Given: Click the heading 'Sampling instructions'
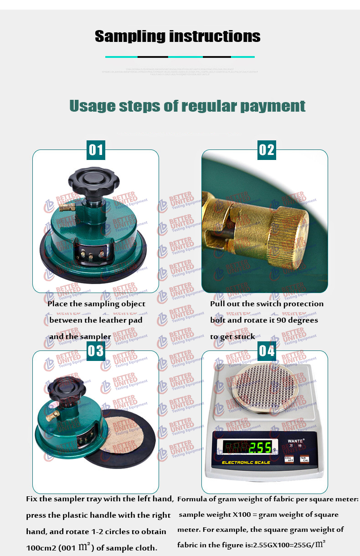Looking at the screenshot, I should pos(178,36).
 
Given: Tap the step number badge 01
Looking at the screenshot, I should pos(96,149).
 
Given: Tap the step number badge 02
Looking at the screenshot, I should pos(267,149).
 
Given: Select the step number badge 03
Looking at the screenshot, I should pos(96,350).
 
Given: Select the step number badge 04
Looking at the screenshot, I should pos(267,350).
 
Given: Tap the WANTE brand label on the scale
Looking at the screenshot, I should pos(296,441).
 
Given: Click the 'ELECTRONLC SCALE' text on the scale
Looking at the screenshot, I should pos(246,463).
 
